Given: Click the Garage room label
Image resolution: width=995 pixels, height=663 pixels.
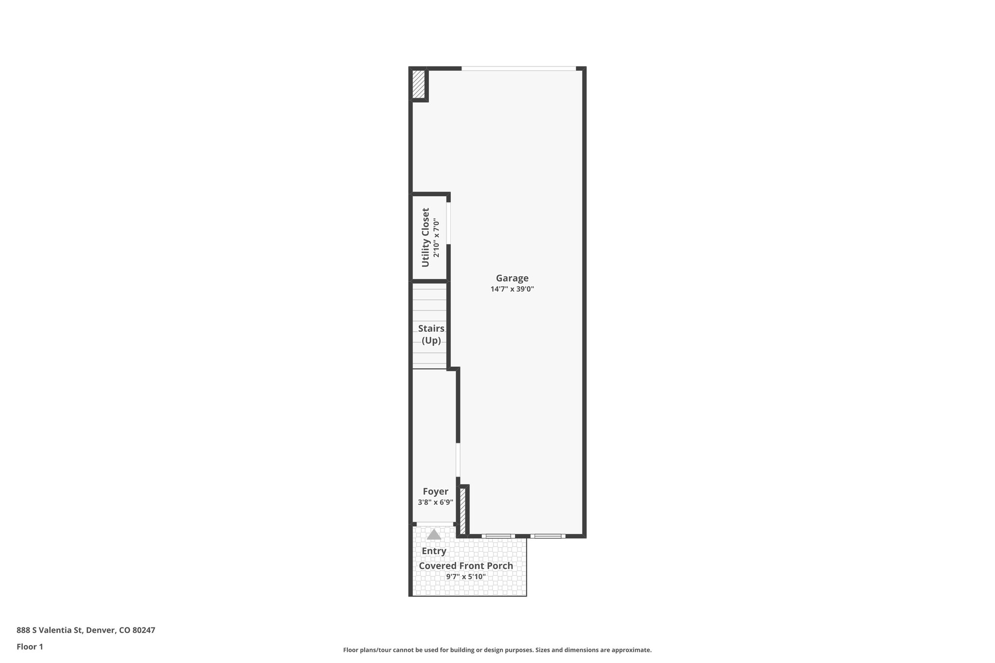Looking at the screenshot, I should pos(512,278).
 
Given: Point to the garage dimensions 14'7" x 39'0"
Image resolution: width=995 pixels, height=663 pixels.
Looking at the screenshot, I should pos(512,289).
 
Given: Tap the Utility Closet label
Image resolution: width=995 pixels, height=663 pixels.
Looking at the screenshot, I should pos(426,238).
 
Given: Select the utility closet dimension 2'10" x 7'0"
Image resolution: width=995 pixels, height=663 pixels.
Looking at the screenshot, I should pos(436,238).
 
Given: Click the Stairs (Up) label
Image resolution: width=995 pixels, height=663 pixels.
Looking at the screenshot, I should pos(431,334).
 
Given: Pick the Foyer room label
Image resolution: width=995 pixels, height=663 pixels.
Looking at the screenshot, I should pos(435,492).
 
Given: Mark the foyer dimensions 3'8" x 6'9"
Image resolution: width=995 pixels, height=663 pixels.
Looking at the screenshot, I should pos(435,502).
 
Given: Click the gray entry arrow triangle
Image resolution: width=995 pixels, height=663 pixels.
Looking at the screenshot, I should pos(434,535).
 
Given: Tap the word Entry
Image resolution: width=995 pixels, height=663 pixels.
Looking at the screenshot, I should pos(434,551).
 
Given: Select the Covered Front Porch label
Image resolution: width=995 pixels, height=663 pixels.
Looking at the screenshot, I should pos(466,566).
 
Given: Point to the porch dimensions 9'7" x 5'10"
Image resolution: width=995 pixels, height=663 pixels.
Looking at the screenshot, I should pos(466,577).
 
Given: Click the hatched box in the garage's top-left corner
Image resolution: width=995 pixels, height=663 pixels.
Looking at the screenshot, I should pos(418,84).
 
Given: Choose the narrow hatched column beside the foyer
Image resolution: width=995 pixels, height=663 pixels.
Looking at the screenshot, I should pos(463,511).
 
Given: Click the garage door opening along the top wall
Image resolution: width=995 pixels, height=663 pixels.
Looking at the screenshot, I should pos(518,68).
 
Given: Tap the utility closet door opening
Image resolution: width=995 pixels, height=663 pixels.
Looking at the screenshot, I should pos(448,223).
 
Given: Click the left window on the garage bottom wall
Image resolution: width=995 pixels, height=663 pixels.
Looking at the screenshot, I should pos(498,536).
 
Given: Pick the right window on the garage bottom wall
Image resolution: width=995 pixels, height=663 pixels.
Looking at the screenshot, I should pos(548,536).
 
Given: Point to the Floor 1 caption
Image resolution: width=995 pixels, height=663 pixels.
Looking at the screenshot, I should pos(30,647).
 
